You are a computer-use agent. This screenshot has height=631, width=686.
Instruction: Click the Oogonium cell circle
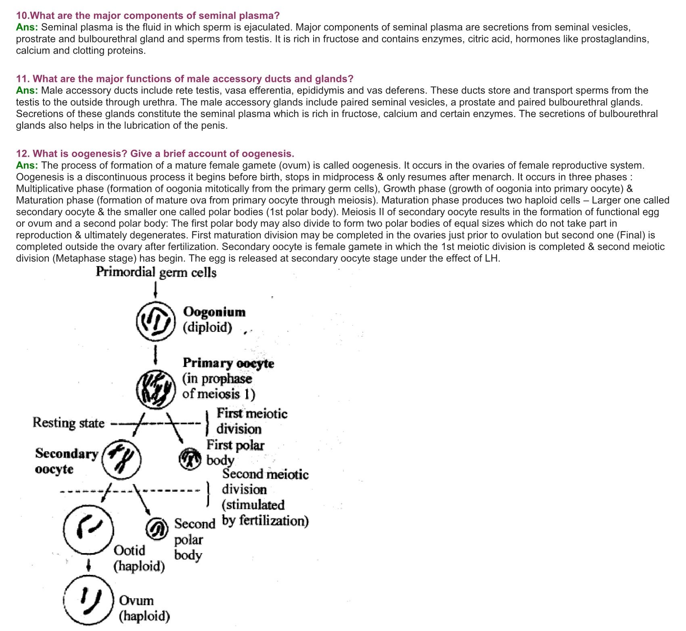(x=156, y=321)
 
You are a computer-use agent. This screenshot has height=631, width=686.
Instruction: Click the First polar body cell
(x=190, y=459)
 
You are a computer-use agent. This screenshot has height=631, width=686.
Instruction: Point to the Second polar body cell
(x=157, y=528)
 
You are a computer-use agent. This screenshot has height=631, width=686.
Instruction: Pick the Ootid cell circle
(x=88, y=529)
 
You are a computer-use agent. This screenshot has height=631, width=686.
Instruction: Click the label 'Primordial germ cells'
(x=156, y=273)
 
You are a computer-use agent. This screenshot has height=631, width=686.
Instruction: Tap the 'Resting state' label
(x=69, y=423)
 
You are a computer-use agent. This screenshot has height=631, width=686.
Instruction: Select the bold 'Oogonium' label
(x=214, y=312)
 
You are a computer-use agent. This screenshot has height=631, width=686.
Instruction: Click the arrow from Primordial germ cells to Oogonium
(x=156, y=290)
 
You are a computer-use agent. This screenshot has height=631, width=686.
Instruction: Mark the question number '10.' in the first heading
(x=23, y=16)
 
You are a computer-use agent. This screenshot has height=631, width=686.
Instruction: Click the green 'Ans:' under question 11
(x=27, y=90)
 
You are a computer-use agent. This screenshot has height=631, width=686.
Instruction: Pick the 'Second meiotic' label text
(x=265, y=474)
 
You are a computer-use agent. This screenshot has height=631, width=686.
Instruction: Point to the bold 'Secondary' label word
(x=67, y=453)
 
